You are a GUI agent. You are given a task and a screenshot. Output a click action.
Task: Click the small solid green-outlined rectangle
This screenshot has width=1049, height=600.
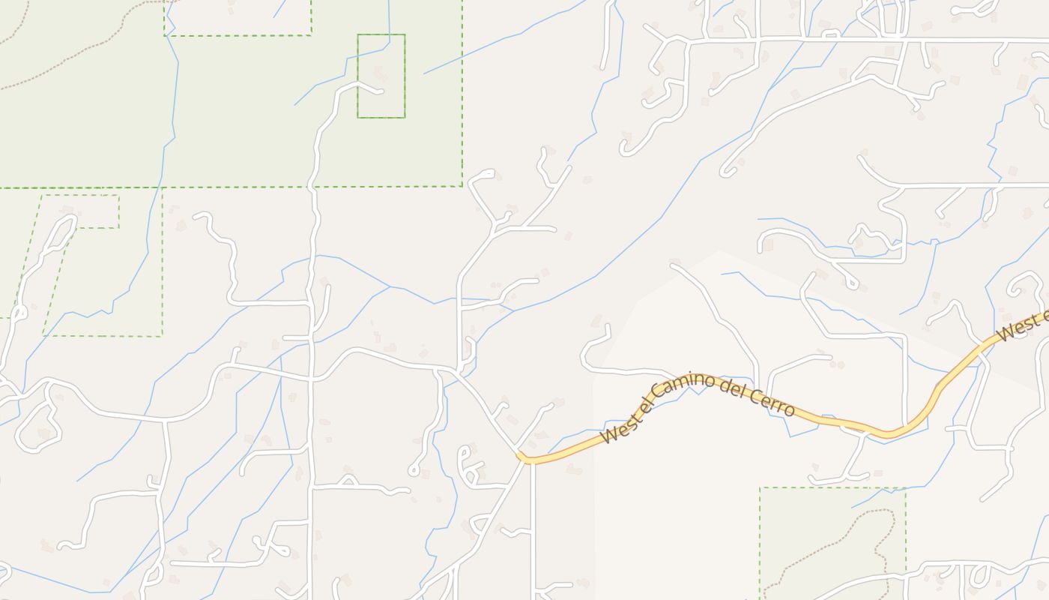381,76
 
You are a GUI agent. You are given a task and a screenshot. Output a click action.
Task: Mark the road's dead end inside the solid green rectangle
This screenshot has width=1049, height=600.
382,92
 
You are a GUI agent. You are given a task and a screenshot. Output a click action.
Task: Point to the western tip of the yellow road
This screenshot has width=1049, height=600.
520,457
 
